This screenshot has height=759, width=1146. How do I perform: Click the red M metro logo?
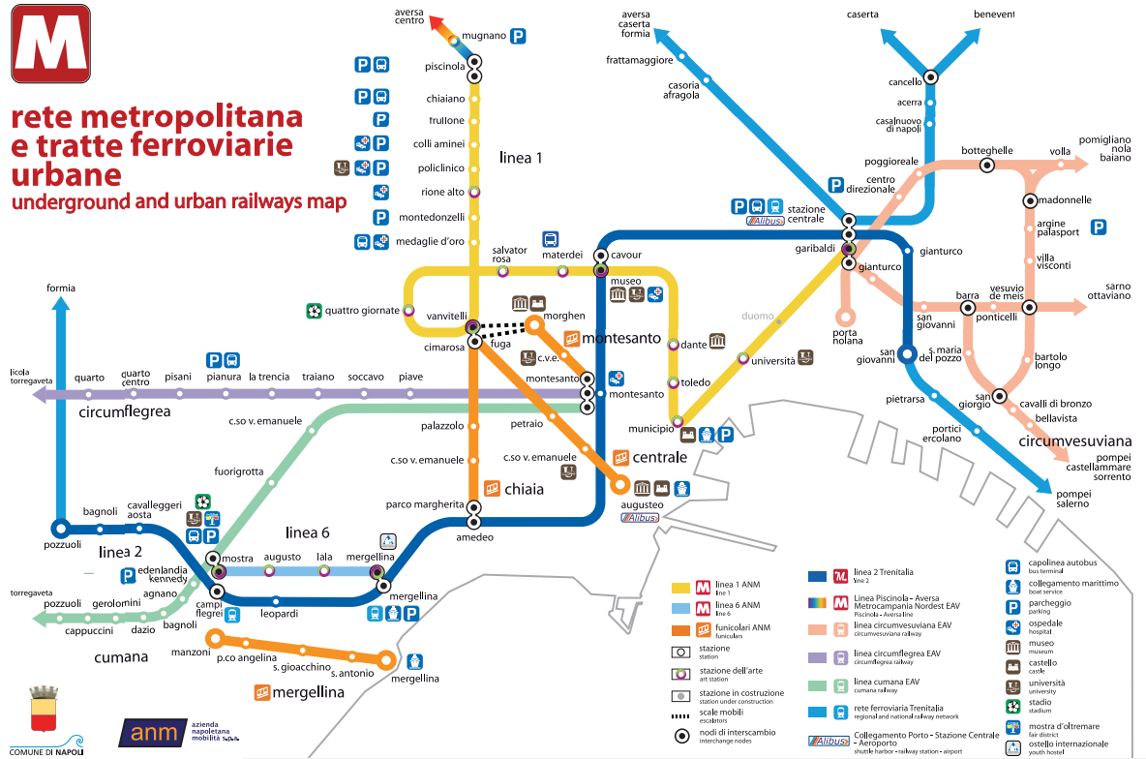pyautogui.click(x=50, y=44)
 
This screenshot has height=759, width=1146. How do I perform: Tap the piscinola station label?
pyautogui.click(x=445, y=67)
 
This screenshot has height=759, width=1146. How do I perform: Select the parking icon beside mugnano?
pyautogui.click(x=519, y=36)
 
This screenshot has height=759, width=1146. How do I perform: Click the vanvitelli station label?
pyautogui.click(x=447, y=317)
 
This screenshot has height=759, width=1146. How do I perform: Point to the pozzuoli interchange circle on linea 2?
pyautogui.click(x=60, y=529)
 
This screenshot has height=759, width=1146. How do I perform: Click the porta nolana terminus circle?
pyautogui.click(x=846, y=316)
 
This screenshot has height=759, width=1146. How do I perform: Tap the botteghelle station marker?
pyautogui.click(x=987, y=166)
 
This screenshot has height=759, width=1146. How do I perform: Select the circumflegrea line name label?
pyautogui.click(x=125, y=411)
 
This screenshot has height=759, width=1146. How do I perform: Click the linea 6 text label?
pyautogui.click(x=308, y=532)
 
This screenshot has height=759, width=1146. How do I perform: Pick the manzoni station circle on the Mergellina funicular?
pyautogui.click(x=215, y=638)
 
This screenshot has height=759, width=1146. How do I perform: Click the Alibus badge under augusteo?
pyautogui.click(x=641, y=518)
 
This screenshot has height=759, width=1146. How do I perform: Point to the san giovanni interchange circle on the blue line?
pyautogui.click(x=907, y=353)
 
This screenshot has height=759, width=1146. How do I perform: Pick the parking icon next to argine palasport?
pyautogui.click(x=1099, y=228)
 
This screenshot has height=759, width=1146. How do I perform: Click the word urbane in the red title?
pyautogui.click(x=66, y=175)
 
